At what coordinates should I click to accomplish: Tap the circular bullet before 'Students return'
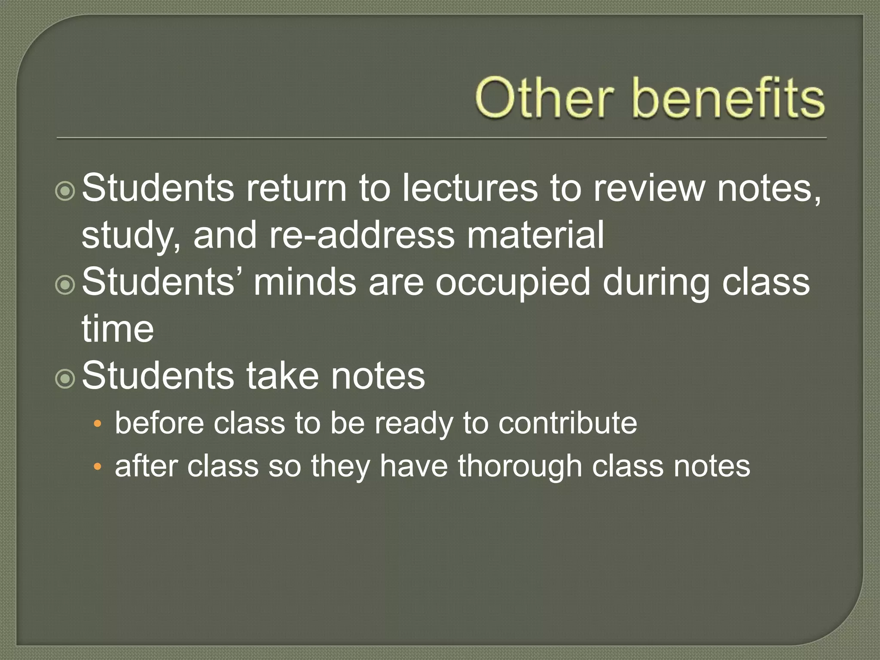[65, 191]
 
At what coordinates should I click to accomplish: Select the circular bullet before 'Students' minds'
[65, 285]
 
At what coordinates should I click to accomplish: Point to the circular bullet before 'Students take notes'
[65, 379]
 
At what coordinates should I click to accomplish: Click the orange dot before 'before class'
[98, 425]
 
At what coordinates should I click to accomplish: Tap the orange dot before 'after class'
[98, 467]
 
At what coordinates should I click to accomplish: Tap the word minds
[305, 282]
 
